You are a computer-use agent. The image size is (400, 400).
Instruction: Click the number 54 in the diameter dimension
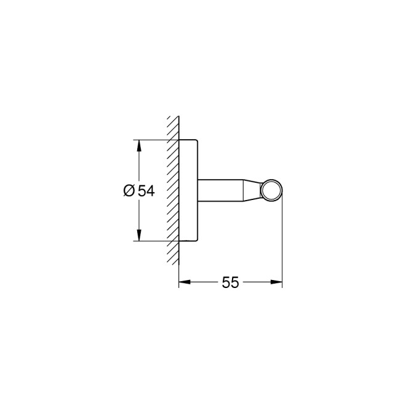click(x=146, y=191)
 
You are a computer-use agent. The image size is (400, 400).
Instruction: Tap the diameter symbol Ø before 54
click(x=129, y=191)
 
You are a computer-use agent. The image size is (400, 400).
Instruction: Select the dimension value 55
click(x=230, y=282)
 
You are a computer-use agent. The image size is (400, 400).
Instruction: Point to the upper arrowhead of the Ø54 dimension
click(x=139, y=146)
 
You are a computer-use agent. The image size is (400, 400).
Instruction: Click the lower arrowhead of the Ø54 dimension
click(x=139, y=236)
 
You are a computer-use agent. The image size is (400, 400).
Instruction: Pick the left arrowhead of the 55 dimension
click(x=183, y=282)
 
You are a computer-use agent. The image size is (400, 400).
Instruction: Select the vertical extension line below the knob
click(x=282, y=246)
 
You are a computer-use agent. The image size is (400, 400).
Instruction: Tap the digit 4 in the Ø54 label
click(x=150, y=191)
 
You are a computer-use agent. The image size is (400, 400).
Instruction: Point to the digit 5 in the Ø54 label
click(x=142, y=191)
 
